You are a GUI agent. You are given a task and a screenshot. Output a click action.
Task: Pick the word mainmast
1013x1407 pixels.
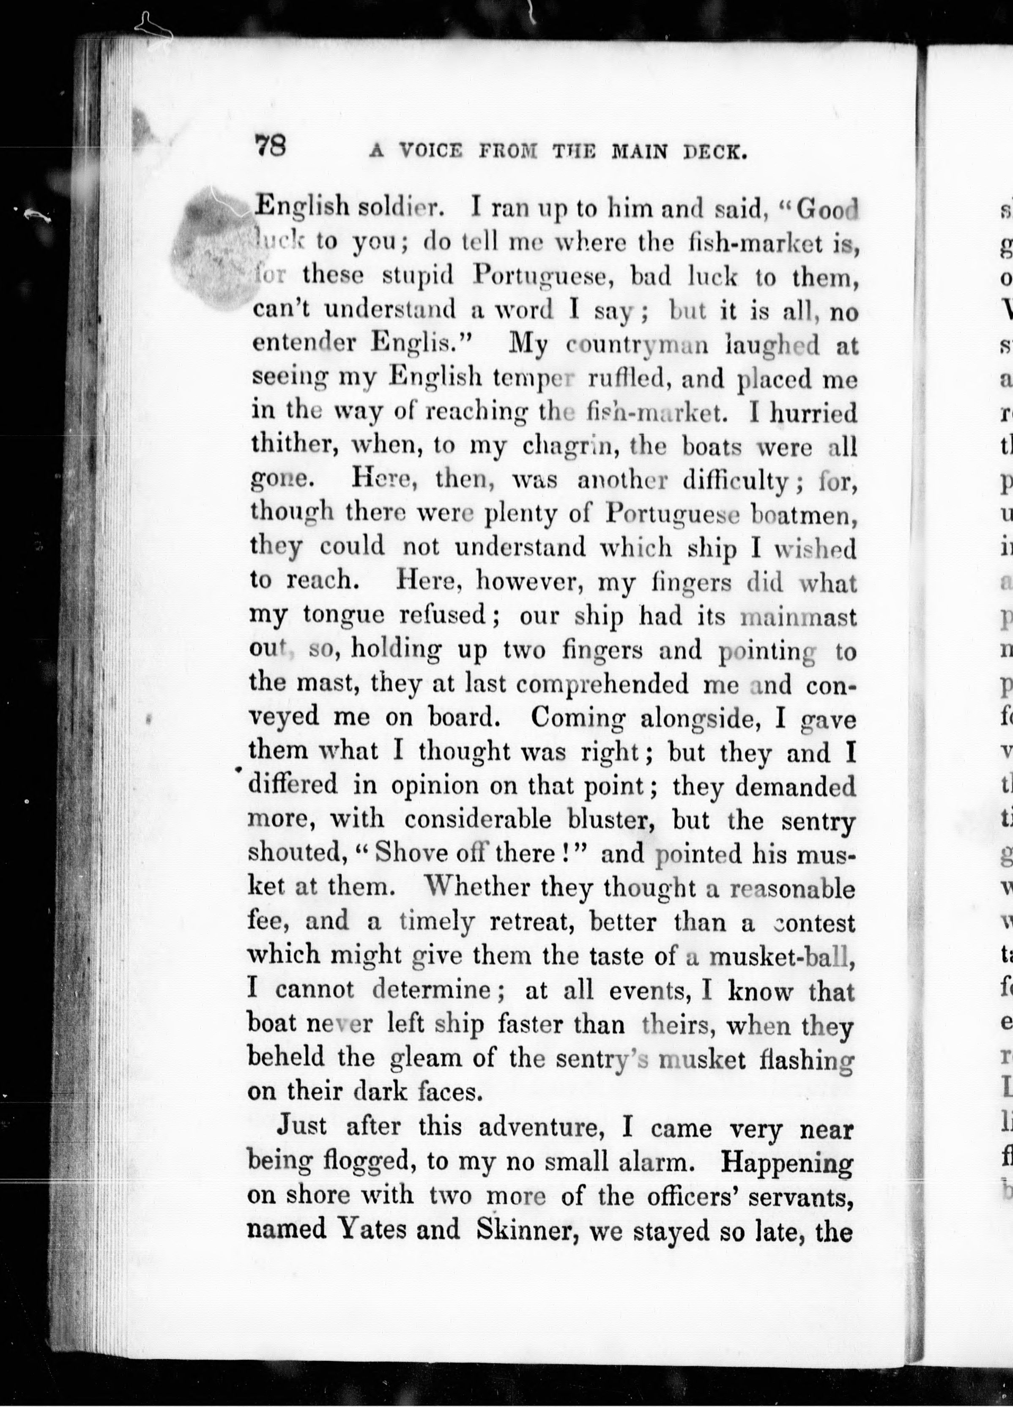click(x=799, y=617)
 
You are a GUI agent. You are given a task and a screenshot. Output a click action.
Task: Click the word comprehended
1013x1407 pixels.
click(x=602, y=684)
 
